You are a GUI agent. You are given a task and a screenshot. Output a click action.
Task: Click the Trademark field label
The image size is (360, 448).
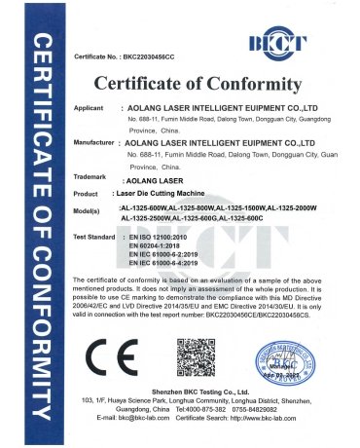90,177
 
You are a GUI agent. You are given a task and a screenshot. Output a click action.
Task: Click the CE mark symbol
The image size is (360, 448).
106,350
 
